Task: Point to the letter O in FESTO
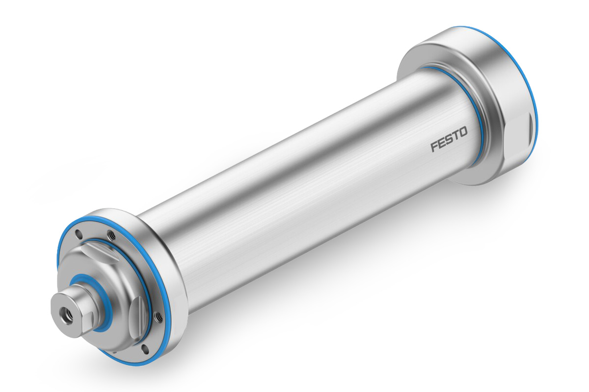(x=463, y=132)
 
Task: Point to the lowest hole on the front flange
(x=145, y=349)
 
